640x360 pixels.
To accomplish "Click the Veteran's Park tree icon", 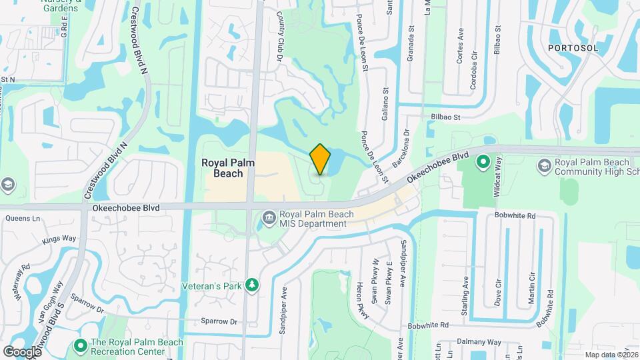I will tap(251, 285).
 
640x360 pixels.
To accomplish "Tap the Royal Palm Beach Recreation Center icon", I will tap(81, 346).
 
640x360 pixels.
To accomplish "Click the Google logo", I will tap(22, 351).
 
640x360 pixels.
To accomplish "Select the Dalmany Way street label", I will tap(479, 342).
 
